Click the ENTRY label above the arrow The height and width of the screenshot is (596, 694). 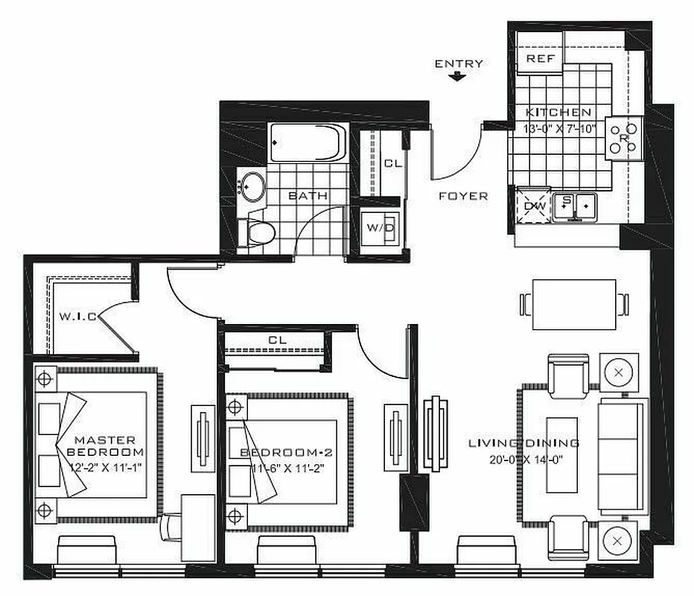[x=459, y=63]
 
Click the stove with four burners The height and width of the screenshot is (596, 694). [x=623, y=138]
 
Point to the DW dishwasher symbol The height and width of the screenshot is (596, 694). [x=534, y=204]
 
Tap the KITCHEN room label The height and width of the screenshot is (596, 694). [x=558, y=112]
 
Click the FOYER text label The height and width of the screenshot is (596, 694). [x=463, y=196]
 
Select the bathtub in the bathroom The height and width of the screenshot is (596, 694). [x=306, y=141]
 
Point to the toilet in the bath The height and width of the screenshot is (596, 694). [x=260, y=231]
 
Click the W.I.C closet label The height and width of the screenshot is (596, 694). [x=77, y=317]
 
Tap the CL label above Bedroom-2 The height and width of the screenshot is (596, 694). [x=277, y=340]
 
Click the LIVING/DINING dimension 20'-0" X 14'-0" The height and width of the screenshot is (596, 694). [x=535, y=458]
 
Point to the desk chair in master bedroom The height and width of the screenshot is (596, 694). [x=169, y=528]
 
